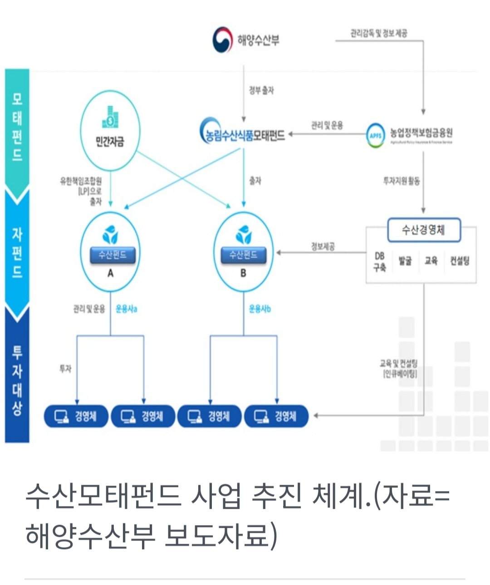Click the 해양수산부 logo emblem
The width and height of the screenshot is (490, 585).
[223, 40]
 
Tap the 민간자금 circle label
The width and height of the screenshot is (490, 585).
[109, 142]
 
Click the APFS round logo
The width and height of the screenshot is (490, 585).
[375, 135]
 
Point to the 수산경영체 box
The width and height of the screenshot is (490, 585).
[423, 230]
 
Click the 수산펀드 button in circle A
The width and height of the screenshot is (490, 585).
[112, 255]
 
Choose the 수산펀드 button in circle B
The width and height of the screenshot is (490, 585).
[243, 255]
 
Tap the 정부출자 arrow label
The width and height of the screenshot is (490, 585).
[261, 90]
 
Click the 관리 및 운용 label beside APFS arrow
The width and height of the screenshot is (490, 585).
[327, 125]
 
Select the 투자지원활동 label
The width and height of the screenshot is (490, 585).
[402, 181]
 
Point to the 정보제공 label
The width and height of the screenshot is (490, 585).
[323, 246]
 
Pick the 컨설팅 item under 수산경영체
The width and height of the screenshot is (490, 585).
[460, 261]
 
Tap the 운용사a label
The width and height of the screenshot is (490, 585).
[127, 309]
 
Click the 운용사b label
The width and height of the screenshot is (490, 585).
[260, 309]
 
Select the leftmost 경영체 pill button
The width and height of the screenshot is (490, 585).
[76, 416]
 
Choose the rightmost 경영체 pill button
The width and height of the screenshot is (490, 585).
[276, 416]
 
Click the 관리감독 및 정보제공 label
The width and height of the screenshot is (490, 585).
[378, 33]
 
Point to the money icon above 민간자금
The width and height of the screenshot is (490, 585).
[110, 118]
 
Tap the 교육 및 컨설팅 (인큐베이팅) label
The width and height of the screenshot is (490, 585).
[399, 368]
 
